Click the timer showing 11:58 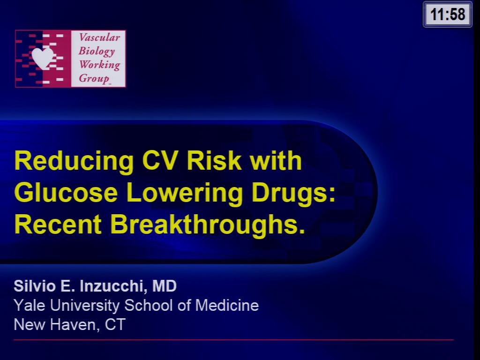pyautogui.click(x=448, y=15)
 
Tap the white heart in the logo pyautogui.click(x=43, y=58)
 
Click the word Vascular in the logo pyautogui.click(x=99, y=37)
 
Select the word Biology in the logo pyautogui.click(x=97, y=51)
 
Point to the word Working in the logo pyautogui.click(x=99, y=65)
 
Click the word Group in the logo pyautogui.click(x=94, y=78)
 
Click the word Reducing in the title pyautogui.click(x=74, y=162)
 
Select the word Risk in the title pyautogui.click(x=214, y=162)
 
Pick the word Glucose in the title pyautogui.click(x=66, y=193)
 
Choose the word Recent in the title pyautogui.click(x=58, y=225)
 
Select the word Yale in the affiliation pyautogui.click(x=30, y=306)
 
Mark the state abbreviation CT pyautogui.click(x=115, y=324)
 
